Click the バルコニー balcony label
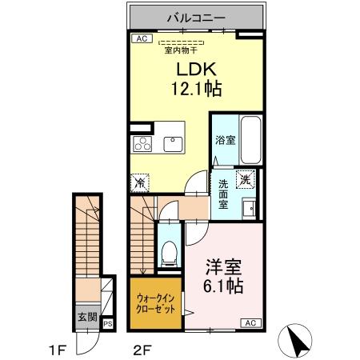pyautogui.click(x=195, y=16)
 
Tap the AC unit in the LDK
pyautogui.click(x=141, y=38)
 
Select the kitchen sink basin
pyautogui.click(x=172, y=144)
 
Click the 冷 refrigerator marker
pyautogui.click(x=140, y=182)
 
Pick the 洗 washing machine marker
pyautogui.click(x=246, y=179)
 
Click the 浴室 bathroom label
pyautogui.click(x=225, y=140)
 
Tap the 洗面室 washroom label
pyautogui.click(x=223, y=194)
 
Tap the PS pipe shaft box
pyautogui.click(x=107, y=324)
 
